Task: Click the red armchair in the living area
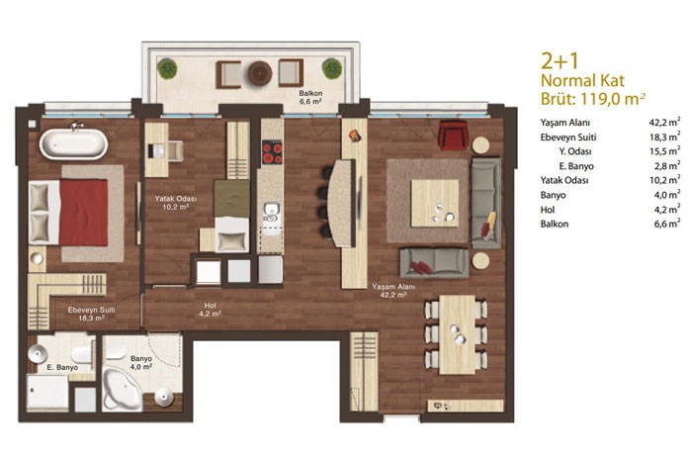[453, 135]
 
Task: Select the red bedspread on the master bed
[84, 212]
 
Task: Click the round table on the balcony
[260, 73]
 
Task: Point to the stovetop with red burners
[272, 152]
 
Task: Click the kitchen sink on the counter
[272, 212]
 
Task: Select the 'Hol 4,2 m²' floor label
[210, 310]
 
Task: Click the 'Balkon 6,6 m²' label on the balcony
[310, 97]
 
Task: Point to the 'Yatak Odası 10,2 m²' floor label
[176, 203]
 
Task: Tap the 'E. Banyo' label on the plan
[62, 367]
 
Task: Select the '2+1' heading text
[560, 61]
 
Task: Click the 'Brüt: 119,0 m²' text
[593, 99]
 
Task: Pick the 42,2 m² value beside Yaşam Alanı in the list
[666, 122]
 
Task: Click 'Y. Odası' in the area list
[575, 151]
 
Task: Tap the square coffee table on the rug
[435, 203]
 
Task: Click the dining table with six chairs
[457, 335]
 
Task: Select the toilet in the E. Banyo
[82, 354]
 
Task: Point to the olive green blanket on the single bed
[231, 198]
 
